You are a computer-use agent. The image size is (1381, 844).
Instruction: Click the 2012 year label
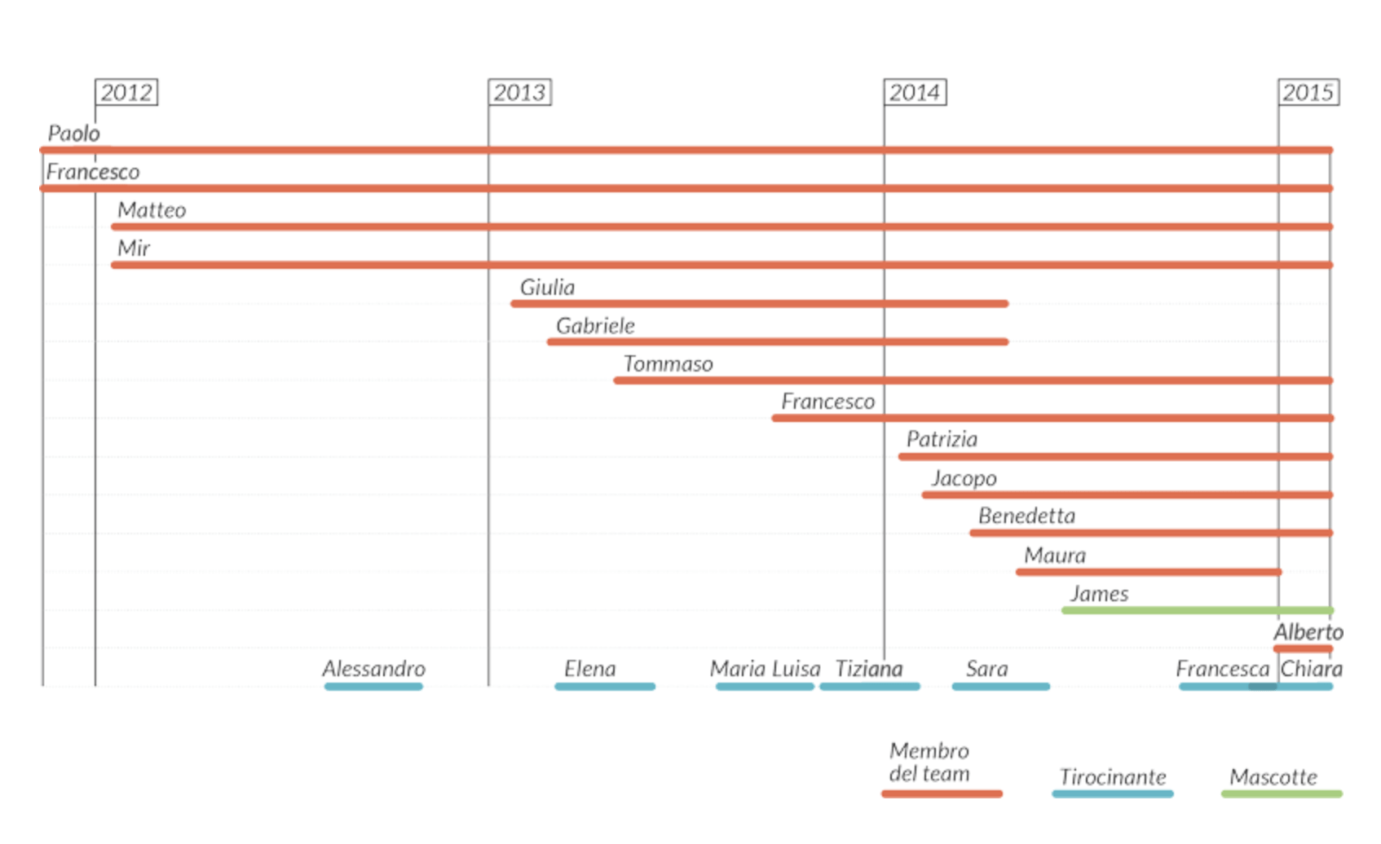click(x=126, y=93)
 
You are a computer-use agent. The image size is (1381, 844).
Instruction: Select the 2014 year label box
click(x=915, y=93)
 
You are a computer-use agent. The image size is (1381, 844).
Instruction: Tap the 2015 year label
click(x=1308, y=93)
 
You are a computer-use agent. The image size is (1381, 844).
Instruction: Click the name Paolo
click(x=73, y=134)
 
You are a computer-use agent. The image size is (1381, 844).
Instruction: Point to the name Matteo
click(x=152, y=210)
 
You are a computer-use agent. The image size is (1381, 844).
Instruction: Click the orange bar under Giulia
click(x=759, y=304)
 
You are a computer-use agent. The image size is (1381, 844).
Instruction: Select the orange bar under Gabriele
click(x=778, y=342)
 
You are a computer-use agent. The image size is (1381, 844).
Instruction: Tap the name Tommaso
click(x=668, y=364)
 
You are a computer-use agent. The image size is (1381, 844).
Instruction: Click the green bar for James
click(x=1197, y=610)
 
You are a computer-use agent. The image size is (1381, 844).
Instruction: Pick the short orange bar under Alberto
click(x=1303, y=649)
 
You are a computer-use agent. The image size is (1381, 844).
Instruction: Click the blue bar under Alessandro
click(x=373, y=687)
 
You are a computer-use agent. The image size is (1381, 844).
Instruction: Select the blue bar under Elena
click(x=605, y=687)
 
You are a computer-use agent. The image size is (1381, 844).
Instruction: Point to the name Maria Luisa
click(x=765, y=669)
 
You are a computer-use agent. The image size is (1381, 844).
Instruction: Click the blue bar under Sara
click(x=1000, y=687)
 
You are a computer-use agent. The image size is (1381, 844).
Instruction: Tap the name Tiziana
click(x=869, y=669)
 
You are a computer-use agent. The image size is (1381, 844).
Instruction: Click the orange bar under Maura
click(x=1149, y=572)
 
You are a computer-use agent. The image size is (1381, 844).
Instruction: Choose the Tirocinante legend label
click(x=1113, y=777)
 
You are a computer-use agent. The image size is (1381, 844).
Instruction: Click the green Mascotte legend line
click(x=1282, y=793)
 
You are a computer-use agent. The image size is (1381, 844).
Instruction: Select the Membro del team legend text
click(x=929, y=763)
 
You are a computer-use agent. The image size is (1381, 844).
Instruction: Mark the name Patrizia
click(x=942, y=440)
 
